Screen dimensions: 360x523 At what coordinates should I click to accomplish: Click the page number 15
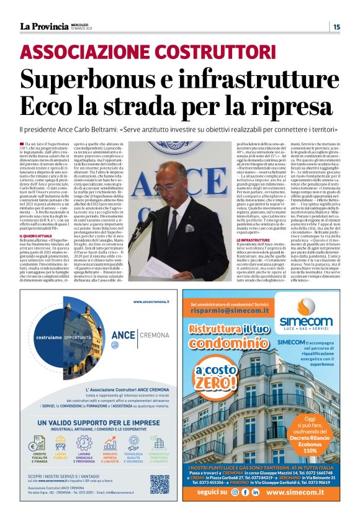pyautogui.click(x=336, y=26)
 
